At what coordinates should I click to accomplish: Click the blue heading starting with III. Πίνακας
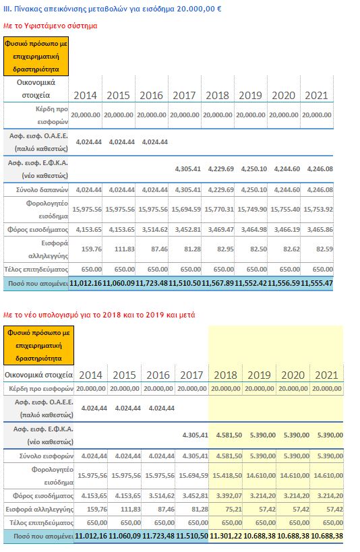(113, 9)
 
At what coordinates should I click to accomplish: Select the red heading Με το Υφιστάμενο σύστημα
(50, 26)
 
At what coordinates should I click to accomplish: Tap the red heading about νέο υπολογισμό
(99, 315)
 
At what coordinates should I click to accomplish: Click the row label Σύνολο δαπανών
(42, 190)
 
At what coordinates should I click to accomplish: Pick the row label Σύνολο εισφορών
(46, 456)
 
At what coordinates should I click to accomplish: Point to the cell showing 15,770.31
(219, 209)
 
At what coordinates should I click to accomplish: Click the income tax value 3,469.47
(221, 230)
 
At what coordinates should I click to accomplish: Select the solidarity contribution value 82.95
(223, 249)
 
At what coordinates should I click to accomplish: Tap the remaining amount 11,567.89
(218, 283)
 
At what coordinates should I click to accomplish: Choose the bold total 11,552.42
(251, 283)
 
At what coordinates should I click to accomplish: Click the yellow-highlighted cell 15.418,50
(227, 475)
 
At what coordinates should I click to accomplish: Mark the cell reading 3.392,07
(229, 495)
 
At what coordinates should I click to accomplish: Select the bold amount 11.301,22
(226, 536)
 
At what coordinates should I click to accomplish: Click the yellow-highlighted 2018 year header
(225, 375)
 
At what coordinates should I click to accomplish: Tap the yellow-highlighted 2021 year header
(326, 375)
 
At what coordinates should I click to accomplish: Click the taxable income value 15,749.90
(252, 209)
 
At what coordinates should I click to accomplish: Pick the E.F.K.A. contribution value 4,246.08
(320, 168)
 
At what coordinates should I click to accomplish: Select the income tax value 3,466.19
(287, 230)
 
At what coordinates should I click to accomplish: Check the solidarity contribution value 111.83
(125, 249)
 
